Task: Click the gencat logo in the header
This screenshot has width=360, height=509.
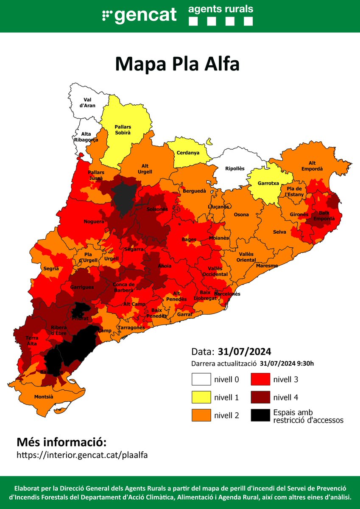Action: click(x=139, y=15)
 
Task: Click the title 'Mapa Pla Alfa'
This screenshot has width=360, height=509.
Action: click(x=177, y=64)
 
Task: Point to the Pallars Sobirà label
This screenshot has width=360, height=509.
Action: click(x=123, y=129)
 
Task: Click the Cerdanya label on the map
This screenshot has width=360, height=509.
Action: click(x=189, y=153)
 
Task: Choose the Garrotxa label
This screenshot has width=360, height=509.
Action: click(x=268, y=184)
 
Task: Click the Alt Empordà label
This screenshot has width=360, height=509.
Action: click(x=315, y=166)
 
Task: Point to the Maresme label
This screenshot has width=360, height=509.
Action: click(x=267, y=266)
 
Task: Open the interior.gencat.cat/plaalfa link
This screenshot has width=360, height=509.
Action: click(x=83, y=455)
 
